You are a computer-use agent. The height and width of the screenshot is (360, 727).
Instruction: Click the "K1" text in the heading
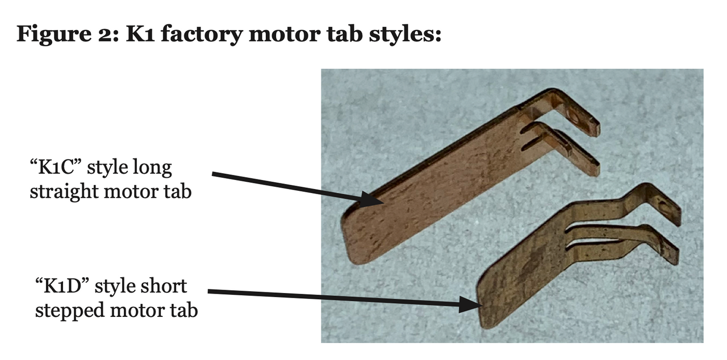click(x=140, y=34)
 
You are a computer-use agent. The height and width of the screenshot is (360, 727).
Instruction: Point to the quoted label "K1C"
click(x=55, y=168)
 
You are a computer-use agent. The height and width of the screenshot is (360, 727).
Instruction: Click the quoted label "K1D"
click(x=62, y=286)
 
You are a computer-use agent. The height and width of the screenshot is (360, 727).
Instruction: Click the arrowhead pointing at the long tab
click(x=372, y=199)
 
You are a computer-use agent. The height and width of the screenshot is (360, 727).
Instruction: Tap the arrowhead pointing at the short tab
click(x=470, y=305)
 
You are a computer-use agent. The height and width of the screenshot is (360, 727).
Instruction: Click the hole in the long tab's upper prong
click(x=574, y=118)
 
